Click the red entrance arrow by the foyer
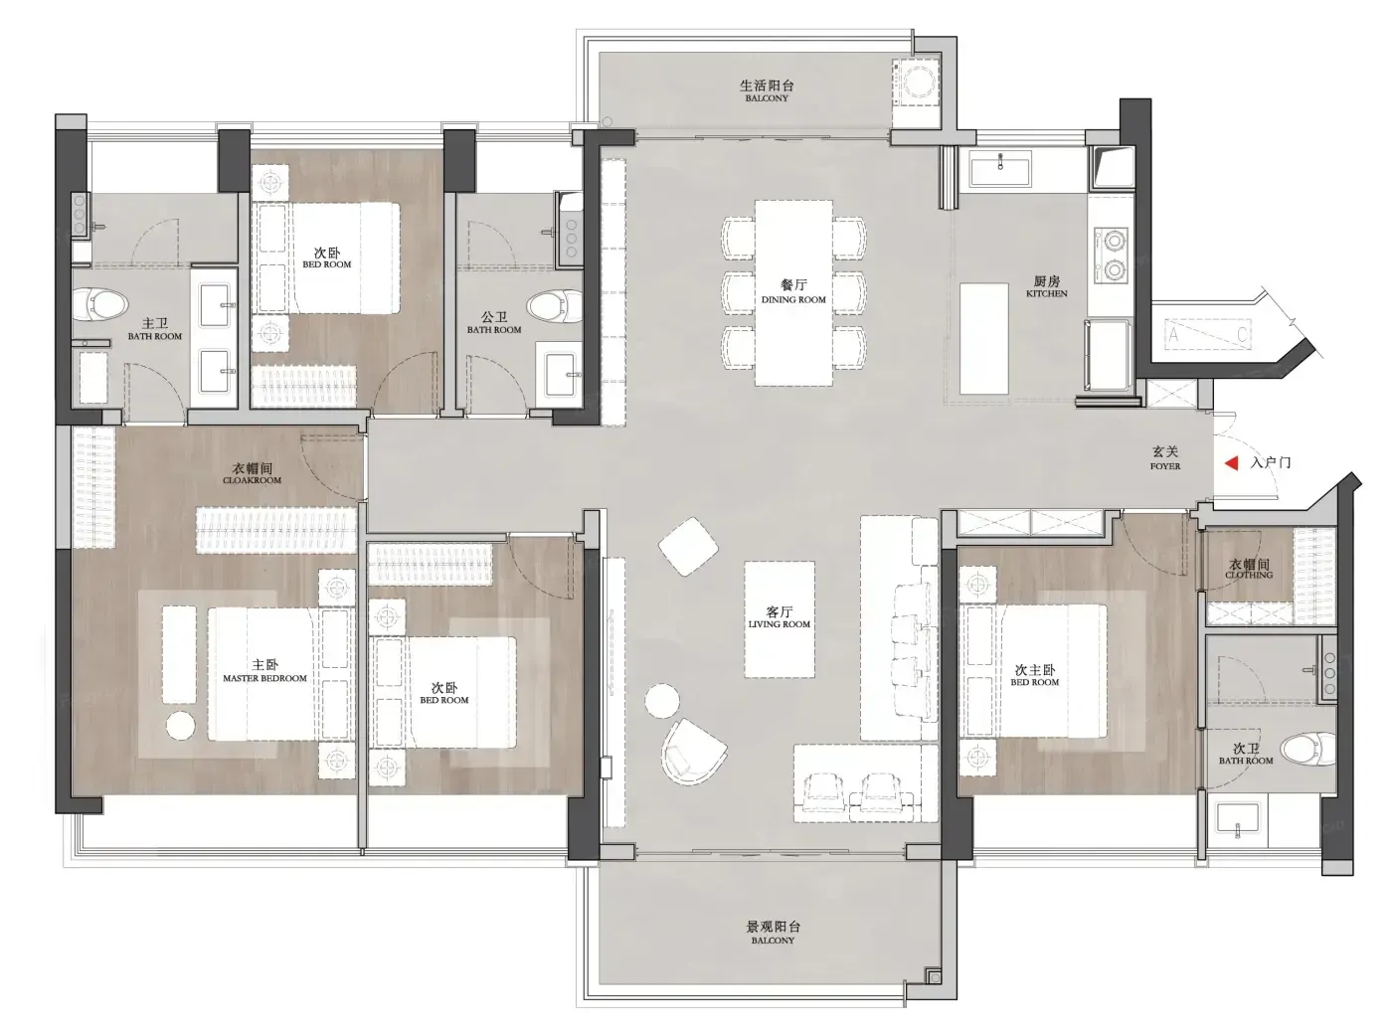click(x=1231, y=462)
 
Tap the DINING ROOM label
click(x=793, y=300)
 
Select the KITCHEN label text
click(x=1046, y=293)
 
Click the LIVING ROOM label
click(x=779, y=624)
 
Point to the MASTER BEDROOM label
click(x=264, y=678)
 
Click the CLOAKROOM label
click(x=252, y=480)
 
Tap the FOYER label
click(x=1165, y=466)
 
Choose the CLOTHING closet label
click(x=1248, y=575)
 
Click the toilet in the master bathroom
click(x=100, y=304)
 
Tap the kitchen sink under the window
click(x=1000, y=168)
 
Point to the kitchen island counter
click(x=984, y=338)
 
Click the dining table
click(x=793, y=292)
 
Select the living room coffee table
click(x=780, y=619)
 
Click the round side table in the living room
click(x=662, y=700)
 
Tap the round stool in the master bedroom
click(x=181, y=726)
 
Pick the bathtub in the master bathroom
click(x=92, y=377)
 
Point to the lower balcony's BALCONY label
click(x=773, y=941)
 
